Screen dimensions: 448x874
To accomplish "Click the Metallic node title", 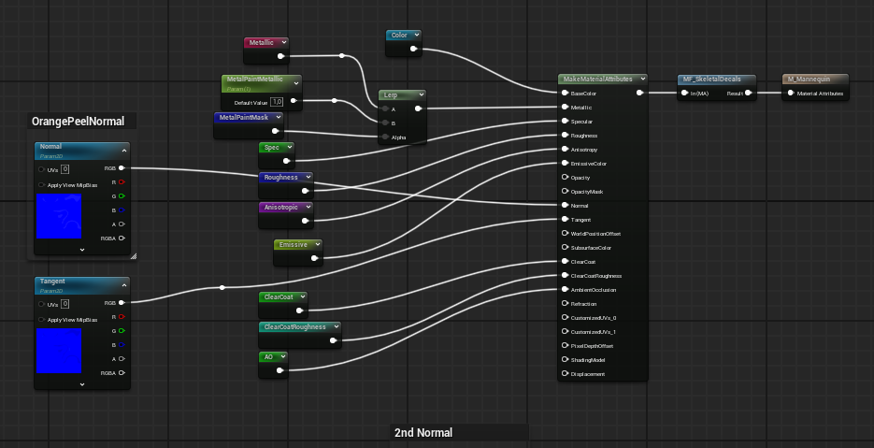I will (x=261, y=43).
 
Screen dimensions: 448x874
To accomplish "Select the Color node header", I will (x=399, y=36).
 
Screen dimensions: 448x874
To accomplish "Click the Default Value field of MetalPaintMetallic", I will (x=277, y=101).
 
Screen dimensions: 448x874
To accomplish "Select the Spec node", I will (x=271, y=148).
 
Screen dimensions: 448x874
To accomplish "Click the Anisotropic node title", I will (x=281, y=208).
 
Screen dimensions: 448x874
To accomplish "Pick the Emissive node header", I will (x=294, y=245).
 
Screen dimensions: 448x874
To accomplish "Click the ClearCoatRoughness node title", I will (x=295, y=327).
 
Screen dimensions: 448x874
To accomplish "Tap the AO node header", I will (x=269, y=357).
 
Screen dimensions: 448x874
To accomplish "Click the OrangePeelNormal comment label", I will (x=79, y=122).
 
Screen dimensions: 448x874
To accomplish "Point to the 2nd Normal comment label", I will (x=423, y=433).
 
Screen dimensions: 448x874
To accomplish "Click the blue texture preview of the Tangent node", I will (x=59, y=351).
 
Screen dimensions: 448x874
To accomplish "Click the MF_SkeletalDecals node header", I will (x=712, y=79).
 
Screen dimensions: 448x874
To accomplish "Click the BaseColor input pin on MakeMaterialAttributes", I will (x=565, y=94).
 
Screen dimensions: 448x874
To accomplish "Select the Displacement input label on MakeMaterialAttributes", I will (x=588, y=374).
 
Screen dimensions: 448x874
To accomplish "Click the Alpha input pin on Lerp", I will (x=384, y=137).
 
